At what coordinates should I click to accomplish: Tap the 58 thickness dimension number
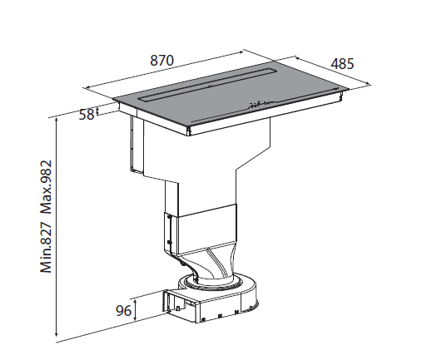[87, 115]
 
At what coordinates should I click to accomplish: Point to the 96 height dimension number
[124, 311]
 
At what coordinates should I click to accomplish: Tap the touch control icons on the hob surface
[259, 105]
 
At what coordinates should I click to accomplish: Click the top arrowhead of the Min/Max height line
[57, 119]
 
